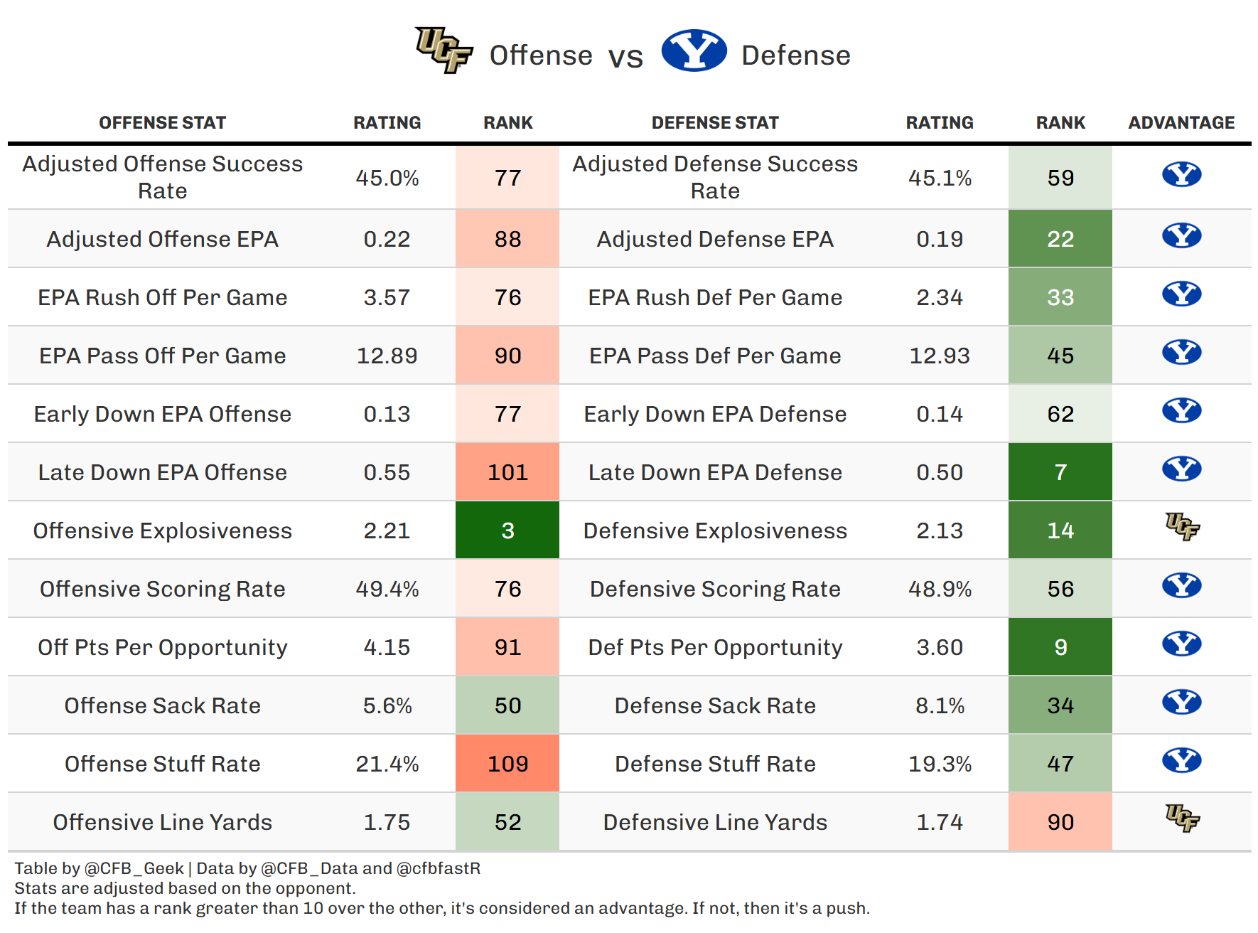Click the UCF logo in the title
[444, 50]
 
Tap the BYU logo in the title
[694, 50]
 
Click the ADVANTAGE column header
[1181, 123]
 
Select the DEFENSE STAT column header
[715, 123]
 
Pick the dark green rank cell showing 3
[507, 531]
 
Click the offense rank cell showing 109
[507, 764]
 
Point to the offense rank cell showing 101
[507, 472]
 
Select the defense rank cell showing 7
[1060, 472]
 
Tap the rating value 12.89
[387, 356]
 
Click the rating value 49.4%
[387, 589]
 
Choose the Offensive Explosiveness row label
[162, 531]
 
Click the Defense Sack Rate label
[715, 705]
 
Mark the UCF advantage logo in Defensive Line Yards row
[1182, 819]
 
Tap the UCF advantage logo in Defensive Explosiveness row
[1182, 527]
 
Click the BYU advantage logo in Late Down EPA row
[1181, 469]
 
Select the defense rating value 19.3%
[940, 764]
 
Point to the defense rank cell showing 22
[1060, 239]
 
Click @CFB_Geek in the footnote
[134, 868]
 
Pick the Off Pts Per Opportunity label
[162, 647]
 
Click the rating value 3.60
[940, 647]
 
